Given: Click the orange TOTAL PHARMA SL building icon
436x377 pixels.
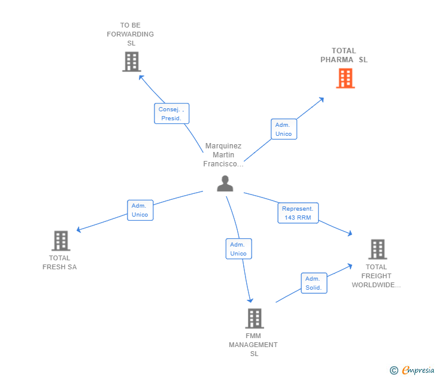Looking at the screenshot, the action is pyautogui.click(x=346, y=78).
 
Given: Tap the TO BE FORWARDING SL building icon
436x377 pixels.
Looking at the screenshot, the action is pyautogui.click(x=132, y=62).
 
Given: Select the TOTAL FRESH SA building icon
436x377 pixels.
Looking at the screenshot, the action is pyautogui.click(x=61, y=241).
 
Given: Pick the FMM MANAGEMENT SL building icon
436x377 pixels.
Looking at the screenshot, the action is pyautogui.click(x=255, y=318).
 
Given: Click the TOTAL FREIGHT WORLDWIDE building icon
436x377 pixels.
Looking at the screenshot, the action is pyautogui.click(x=377, y=249).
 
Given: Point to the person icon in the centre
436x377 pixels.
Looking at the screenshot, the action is pyautogui.click(x=225, y=183).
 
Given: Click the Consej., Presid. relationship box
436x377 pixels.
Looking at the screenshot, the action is pyautogui.click(x=171, y=113).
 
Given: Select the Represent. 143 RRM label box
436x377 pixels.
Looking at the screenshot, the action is pyautogui.click(x=298, y=213).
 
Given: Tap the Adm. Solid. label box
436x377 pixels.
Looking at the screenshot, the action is pyautogui.click(x=314, y=283).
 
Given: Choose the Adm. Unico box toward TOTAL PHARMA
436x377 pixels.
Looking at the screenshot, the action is pyautogui.click(x=284, y=129).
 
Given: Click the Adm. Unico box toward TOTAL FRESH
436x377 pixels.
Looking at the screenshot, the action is pyautogui.click(x=140, y=210).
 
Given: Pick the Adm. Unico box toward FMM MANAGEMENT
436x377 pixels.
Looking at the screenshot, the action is pyautogui.click(x=238, y=249).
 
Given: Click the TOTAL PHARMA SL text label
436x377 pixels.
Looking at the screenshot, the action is pyautogui.click(x=344, y=55).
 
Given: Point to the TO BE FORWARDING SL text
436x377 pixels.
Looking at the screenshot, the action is pyautogui.click(x=131, y=34).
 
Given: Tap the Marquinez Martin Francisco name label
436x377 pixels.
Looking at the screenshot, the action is pyautogui.click(x=223, y=155).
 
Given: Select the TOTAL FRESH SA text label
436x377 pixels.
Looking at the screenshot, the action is pyautogui.click(x=59, y=262).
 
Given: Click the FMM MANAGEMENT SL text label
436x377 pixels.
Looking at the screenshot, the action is pyautogui.click(x=253, y=345).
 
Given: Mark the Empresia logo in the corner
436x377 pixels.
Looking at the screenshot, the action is pyautogui.click(x=412, y=370).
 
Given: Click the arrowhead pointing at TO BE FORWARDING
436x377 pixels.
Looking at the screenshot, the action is pyautogui.click(x=141, y=77).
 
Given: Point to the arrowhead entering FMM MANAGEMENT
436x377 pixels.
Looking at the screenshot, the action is pyautogui.click(x=250, y=300).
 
